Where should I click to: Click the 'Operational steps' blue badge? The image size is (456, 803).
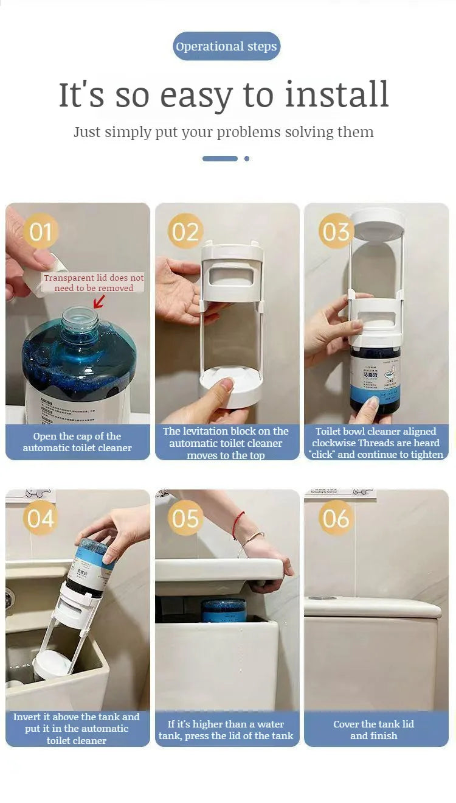pos(226,46)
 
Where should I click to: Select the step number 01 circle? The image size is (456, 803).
pos(41,232)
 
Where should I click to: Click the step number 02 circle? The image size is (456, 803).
pos(185,231)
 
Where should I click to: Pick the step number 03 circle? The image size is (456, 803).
pos(336,231)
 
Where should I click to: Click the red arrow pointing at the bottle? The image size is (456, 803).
pos(98,301)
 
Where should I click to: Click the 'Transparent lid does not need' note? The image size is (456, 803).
pos(94,282)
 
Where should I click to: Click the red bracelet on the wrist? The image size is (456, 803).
pos(238,525)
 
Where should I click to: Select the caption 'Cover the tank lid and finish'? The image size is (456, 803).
pos(374,729)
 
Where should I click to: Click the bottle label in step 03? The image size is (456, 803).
pos(375,377)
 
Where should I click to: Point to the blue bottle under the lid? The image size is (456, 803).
pos(224,609)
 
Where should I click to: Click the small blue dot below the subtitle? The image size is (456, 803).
pos(246,158)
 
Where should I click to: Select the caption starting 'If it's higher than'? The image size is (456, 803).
pos(226,729)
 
